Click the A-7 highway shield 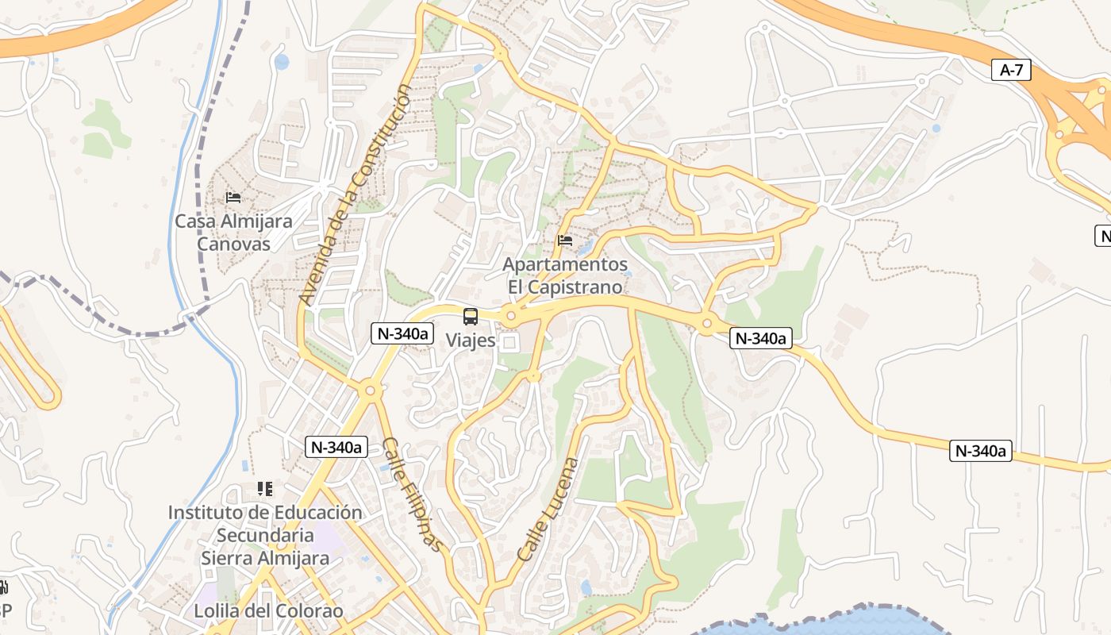point(1011,70)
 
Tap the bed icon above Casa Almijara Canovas point(233,197)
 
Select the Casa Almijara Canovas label point(233,233)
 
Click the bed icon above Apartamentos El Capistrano point(565,240)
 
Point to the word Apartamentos point(566,264)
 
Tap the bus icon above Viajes point(471,317)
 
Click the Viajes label point(471,341)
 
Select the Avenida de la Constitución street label point(356,196)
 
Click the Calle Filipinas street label point(411,494)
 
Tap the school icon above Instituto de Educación point(265,489)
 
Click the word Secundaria point(265,536)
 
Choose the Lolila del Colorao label point(268,611)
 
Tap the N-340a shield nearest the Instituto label point(336,448)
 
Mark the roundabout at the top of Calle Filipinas point(368,390)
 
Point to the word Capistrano point(576,287)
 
